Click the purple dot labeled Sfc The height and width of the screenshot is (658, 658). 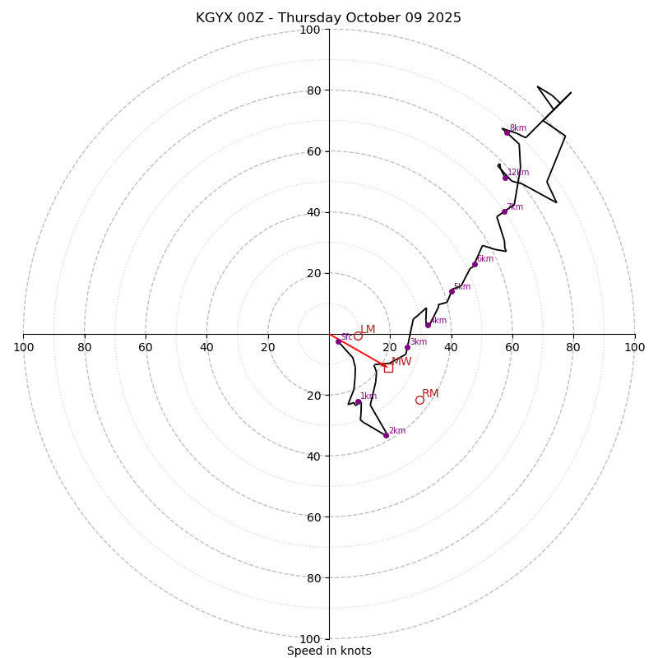(338, 341)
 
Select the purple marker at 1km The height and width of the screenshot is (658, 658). (358, 402)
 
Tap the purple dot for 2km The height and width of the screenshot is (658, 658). (386, 435)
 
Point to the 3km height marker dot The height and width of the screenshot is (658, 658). (407, 347)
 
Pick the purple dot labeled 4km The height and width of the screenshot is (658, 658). (428, 325)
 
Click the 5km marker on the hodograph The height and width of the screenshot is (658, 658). (452, 291)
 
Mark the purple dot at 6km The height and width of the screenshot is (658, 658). (475, 264)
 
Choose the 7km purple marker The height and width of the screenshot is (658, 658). (504, 211)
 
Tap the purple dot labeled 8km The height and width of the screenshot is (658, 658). (507, 132)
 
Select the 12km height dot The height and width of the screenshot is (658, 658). (505, 178)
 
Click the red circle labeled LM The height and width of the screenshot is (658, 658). (358, 336)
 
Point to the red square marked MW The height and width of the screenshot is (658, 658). (388, 368)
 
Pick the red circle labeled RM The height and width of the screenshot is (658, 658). (419, 400)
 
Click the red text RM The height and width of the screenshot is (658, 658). (430, 394)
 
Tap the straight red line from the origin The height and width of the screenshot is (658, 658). (357, 349)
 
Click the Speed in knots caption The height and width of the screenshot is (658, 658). (329, 651)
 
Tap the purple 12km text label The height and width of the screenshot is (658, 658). (518, 173)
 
